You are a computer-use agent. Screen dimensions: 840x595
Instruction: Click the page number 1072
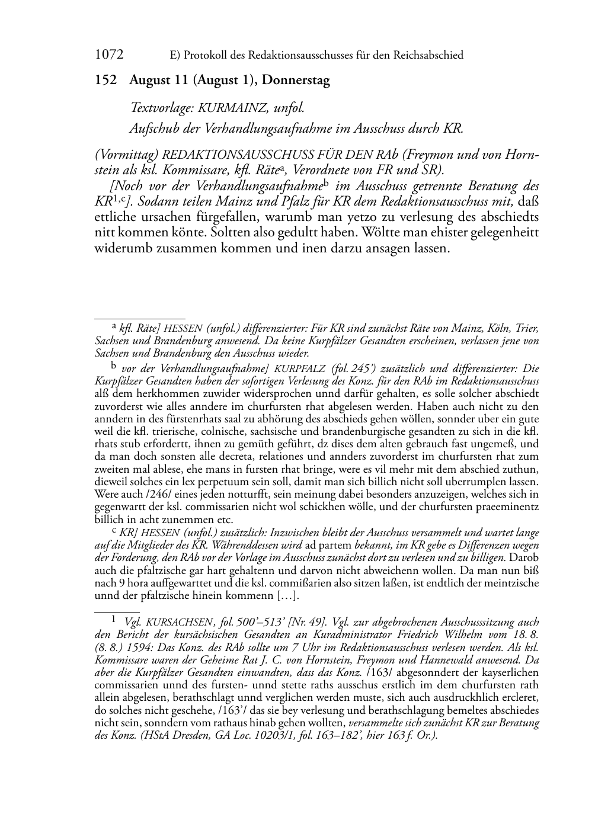point(109,55)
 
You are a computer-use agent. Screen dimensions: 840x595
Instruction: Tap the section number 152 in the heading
point(105,81)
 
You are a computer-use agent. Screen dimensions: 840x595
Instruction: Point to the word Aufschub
point(153,127)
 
